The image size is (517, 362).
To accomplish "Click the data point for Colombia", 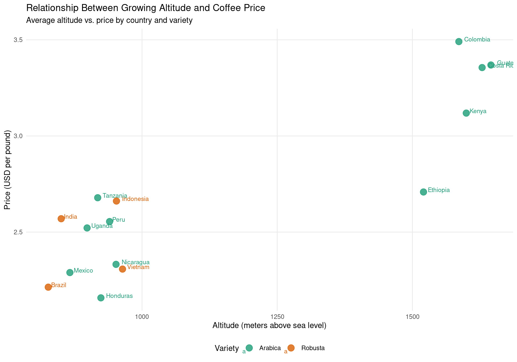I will pos(459,41).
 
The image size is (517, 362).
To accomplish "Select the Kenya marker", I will pos(466,113).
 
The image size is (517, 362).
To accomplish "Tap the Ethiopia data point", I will pos(423,192).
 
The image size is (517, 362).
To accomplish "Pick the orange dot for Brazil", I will pos(48,287).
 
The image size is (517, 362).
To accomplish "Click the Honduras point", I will pos(101,298).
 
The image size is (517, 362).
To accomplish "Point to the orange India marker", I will pos(61,218).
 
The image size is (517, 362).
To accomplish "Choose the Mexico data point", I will pos(70,272).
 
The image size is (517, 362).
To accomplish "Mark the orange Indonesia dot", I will pos(116,201).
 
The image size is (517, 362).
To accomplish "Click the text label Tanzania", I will pos(115,196).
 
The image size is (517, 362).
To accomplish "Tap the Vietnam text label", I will pos(138,267).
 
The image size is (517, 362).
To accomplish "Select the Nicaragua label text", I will pos(135,262).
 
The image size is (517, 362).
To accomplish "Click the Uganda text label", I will pos(102,226).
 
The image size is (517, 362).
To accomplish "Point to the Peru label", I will pos(118,220).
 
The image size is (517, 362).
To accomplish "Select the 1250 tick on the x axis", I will pos(277,317).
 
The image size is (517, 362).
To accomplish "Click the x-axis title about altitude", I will pos(269,326).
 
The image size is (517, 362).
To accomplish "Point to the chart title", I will pos(146,8).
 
